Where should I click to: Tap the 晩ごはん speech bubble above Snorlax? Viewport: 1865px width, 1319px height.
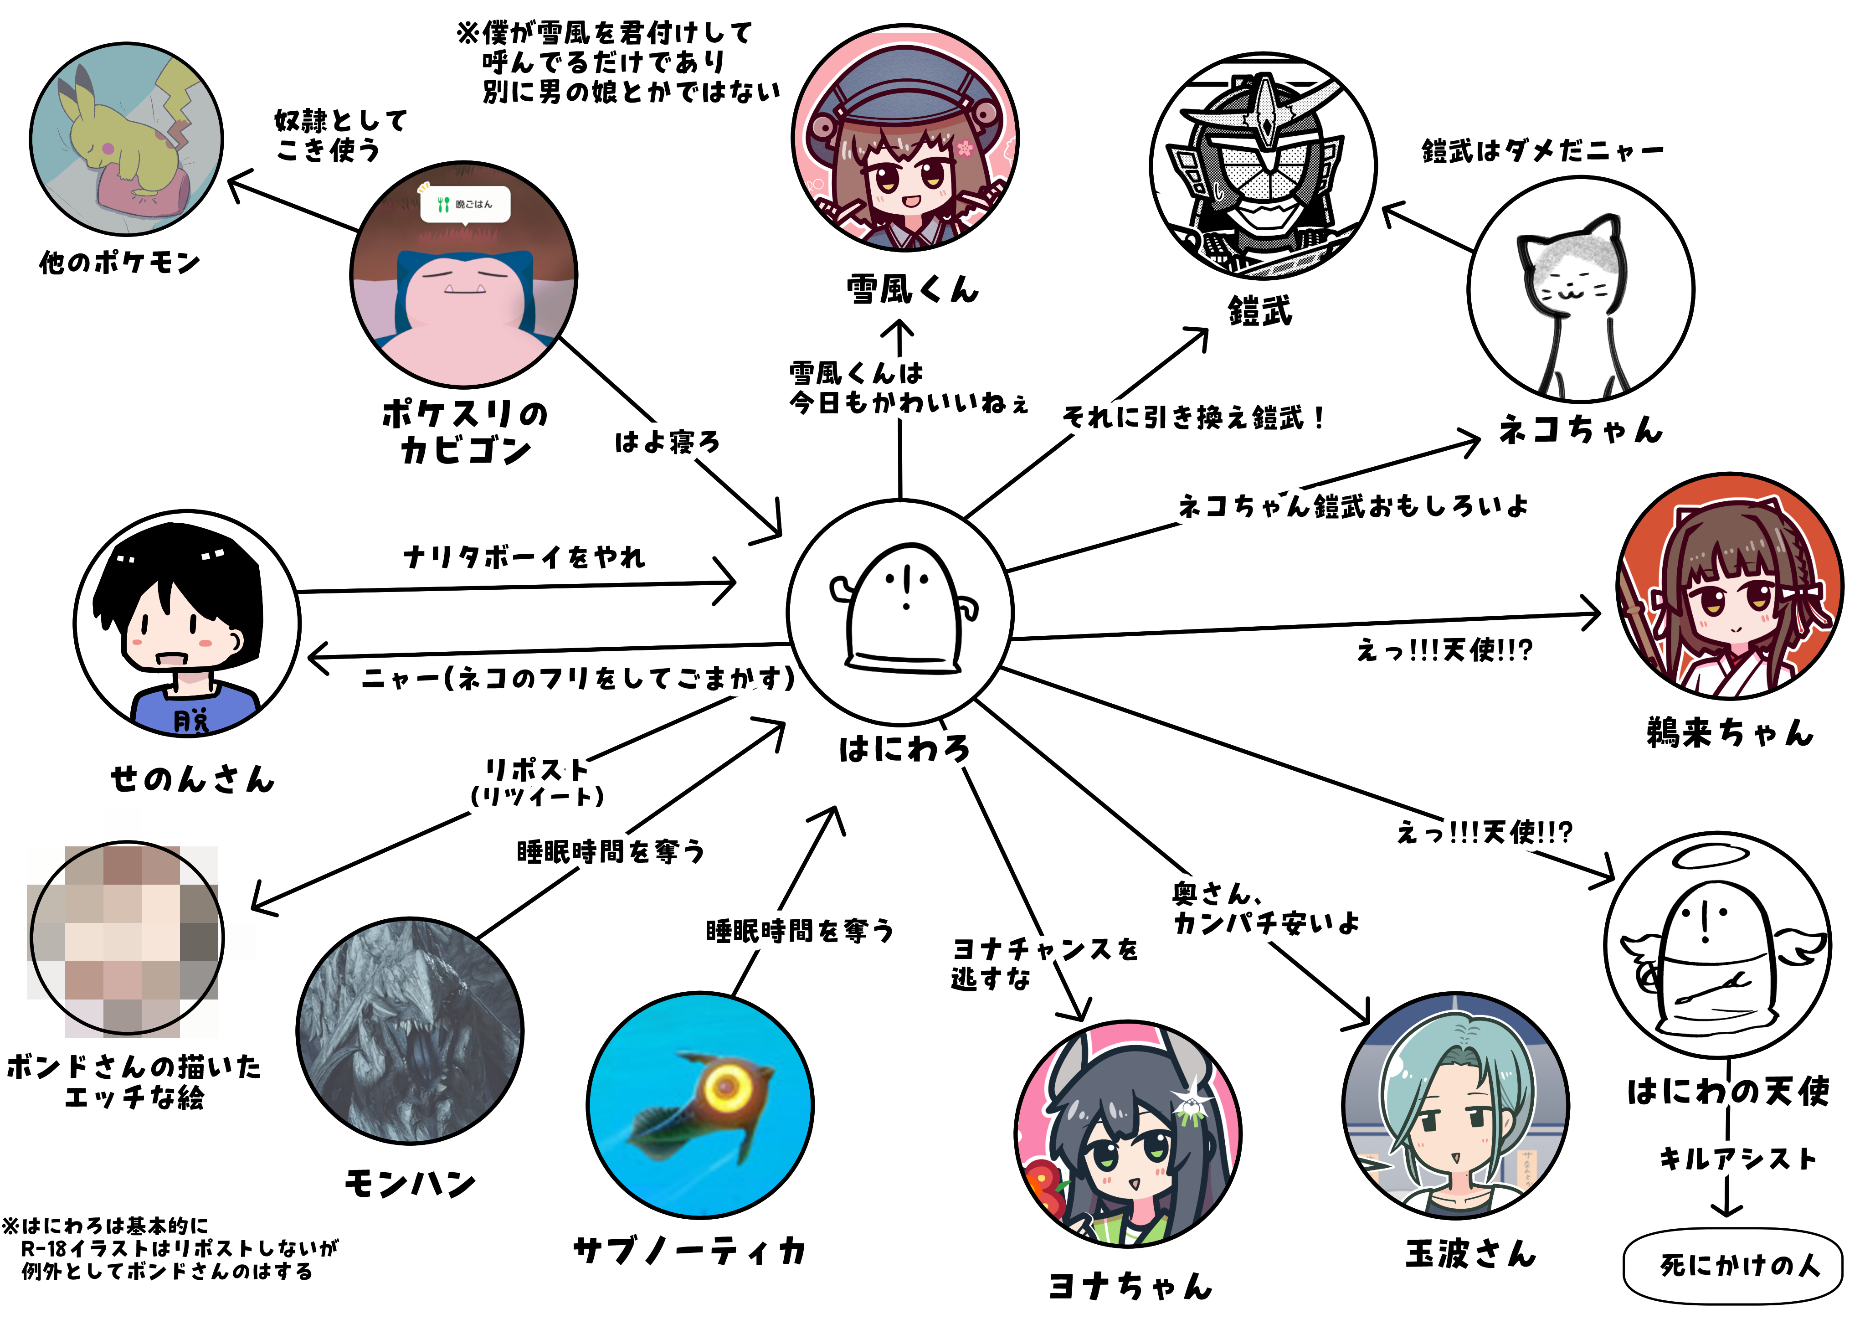tap(465, 204)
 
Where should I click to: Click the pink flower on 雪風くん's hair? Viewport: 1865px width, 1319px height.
tap(965, 148)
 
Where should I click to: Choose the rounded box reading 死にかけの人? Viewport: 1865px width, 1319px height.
tap(1732, 1265)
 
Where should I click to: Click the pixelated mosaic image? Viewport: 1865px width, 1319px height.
tap(126, 939)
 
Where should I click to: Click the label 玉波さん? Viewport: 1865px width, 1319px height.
tap(1471, 1254)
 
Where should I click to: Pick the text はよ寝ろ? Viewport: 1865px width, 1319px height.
tap(667, 442)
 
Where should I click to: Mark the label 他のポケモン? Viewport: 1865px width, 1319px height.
tap(119, 263)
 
